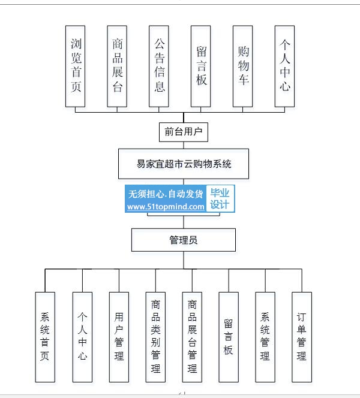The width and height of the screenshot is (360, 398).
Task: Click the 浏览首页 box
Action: (75, 67)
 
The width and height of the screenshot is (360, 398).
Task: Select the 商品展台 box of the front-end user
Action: (117, 67)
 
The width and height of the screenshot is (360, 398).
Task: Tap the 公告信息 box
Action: (159, 67)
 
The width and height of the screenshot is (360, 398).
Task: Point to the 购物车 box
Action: (242, 67)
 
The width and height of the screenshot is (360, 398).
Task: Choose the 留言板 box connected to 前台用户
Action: (201, 67)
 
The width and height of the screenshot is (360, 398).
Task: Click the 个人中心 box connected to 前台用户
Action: (284, 67)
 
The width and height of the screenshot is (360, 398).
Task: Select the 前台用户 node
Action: (184, 132)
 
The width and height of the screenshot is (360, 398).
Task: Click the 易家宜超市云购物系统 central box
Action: (184, 164)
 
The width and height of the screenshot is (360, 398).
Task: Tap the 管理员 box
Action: (184, 240)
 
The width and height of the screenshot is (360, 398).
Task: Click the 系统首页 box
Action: (45, 337)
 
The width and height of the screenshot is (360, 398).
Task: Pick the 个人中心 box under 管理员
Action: (82, 337)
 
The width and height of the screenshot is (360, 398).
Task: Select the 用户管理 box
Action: (119, 337)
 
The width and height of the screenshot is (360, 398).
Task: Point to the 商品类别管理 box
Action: (155, 337)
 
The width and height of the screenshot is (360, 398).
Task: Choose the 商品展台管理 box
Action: (192, 337)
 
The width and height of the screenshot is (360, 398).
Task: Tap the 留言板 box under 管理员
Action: (229, 337)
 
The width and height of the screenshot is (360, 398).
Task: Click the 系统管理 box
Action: (265, 337)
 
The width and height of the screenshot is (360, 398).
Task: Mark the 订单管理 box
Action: (302, 337)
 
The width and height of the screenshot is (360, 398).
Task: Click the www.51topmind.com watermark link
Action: (166, 207)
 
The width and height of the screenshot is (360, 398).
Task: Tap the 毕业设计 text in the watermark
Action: (220, 198)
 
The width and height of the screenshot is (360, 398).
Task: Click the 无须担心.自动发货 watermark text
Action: (166, 194)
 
